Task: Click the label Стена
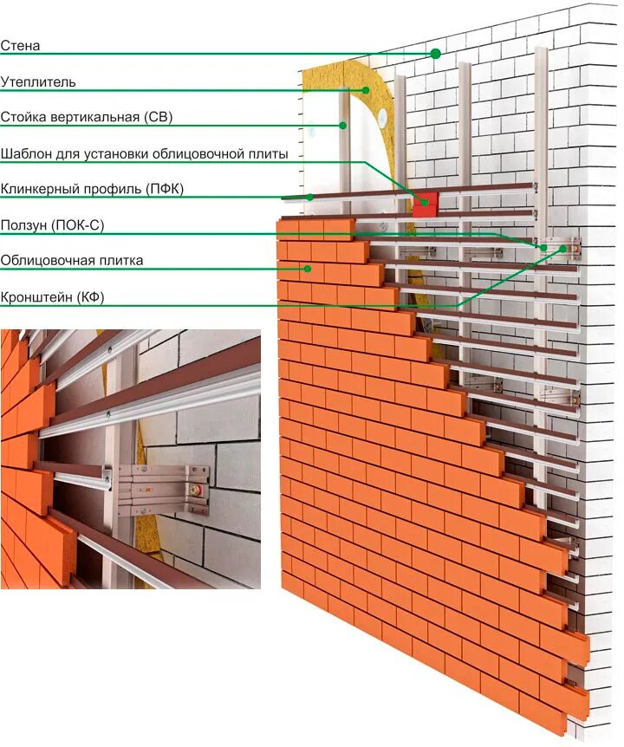coord(21,45)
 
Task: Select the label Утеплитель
coord(38,81)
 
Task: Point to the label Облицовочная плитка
coord(72,260)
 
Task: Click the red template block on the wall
coord(425,205)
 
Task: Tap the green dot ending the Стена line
coord(435,54)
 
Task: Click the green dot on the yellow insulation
coord(367,89)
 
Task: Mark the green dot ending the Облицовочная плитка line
coord(307,269)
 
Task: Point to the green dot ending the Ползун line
coord(544,247)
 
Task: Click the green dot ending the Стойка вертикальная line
coord(343,126)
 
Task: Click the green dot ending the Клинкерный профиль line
coord(309,197)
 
